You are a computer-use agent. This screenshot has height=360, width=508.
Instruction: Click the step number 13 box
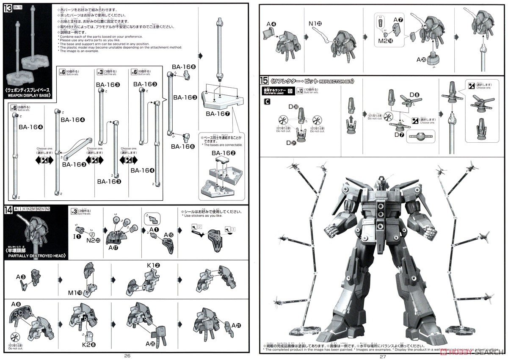(8, 9)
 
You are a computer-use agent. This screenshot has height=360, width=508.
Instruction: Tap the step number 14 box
(8, 210)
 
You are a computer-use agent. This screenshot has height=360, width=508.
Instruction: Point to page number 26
(127, 355)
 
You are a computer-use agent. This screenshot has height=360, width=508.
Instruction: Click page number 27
(383, 356)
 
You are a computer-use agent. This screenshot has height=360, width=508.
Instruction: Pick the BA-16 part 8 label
(183, 66)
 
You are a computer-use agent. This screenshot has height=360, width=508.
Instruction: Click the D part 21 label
(291, 143)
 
